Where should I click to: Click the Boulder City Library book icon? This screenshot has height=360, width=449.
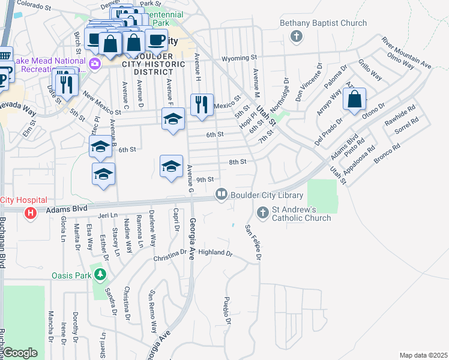pos(221,194)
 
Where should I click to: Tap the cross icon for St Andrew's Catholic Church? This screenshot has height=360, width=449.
pos(262,212)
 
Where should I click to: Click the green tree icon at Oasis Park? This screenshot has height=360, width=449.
pos(100,275)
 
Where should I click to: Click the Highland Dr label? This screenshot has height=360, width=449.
pos(215,253)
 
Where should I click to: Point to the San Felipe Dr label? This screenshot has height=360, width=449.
pos(253,242)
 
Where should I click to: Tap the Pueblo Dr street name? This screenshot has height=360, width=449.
pos(228,310)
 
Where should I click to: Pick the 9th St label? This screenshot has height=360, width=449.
pos(205,179)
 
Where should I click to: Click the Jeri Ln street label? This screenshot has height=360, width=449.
pos(107,215)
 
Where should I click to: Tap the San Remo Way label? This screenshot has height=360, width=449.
pos(153,312)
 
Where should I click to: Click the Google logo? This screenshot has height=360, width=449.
pos(20,353)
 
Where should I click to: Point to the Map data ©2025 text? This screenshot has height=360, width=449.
pos(423,355)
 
